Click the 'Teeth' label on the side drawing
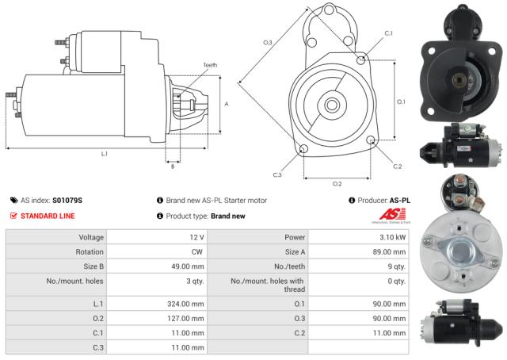pos(209,65)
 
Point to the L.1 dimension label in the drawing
pos(104,153)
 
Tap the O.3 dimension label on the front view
pos(268,42)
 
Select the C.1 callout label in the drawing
pos(388,33)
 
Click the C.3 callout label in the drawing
pos(276,174)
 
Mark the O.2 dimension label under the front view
pos(337,184)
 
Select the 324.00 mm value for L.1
pos(188,304)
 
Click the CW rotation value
pos(198,253)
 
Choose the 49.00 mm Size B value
pos(189,267)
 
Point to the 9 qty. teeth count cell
pos(398,267)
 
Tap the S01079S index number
pos(67,201)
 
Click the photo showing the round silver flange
pos(460,247)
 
